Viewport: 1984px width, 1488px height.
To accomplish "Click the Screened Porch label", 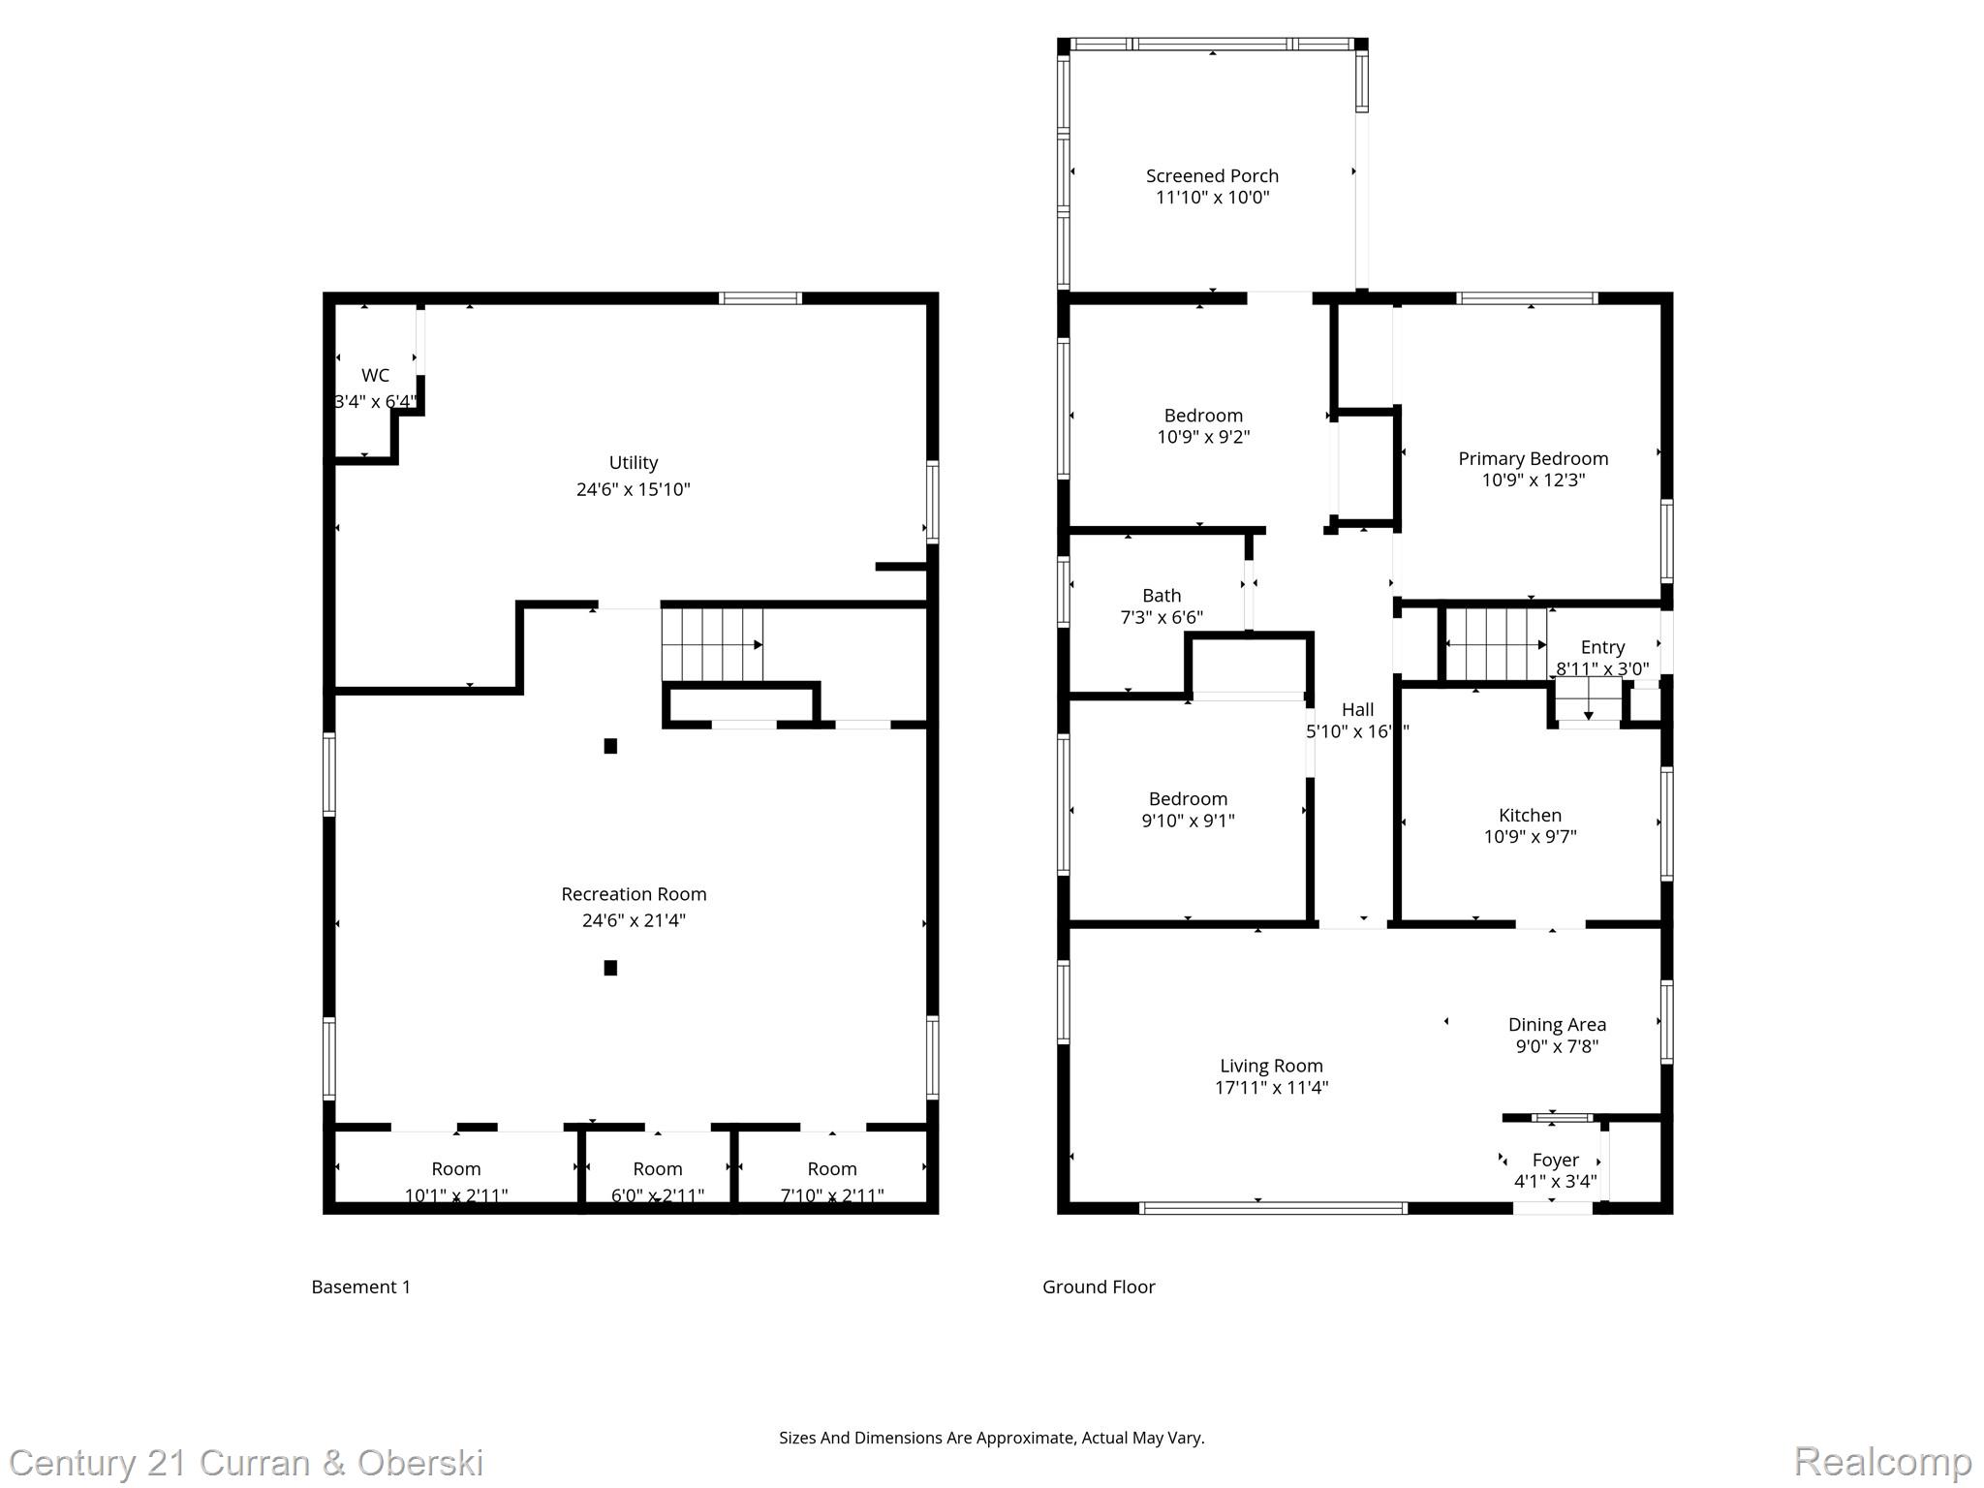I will (x=1212, y=175).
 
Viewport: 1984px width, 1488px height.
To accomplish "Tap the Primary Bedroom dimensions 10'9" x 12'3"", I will (x=1533, y=480).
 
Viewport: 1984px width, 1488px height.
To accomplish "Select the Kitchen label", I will (x=1530, y=816).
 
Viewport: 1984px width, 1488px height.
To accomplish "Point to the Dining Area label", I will (x=1557, y=1025).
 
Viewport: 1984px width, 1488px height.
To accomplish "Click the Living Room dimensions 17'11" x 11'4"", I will (x=1271, y=1088).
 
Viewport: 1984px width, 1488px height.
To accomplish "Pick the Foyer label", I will (x=1556, y=1161).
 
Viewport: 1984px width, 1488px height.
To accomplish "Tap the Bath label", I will (x=1162, y=596).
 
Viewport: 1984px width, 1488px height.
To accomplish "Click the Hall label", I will (x=1357, y=710).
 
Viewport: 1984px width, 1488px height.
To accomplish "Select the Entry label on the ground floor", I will (x=1602, y=647).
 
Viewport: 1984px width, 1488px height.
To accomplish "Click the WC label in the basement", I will (x=375, y=376).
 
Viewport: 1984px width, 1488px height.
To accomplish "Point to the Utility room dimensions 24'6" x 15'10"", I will (x=634, y=490).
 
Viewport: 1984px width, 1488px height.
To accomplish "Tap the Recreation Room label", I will (x=634, y=894).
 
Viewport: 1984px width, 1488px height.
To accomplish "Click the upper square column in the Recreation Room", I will (x=610, y=746).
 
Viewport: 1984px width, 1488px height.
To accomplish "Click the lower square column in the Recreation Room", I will (x=610, y=968).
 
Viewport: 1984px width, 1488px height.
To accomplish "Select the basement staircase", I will (x=712, y=645).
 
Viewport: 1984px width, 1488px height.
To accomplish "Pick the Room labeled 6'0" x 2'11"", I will (x=658, y=1169).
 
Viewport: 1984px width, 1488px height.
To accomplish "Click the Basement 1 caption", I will (x=360, y=1286).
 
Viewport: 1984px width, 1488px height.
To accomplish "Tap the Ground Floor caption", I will (x=1099, y=1286).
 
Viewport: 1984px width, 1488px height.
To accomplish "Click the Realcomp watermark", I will (x=1881, y=1461).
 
